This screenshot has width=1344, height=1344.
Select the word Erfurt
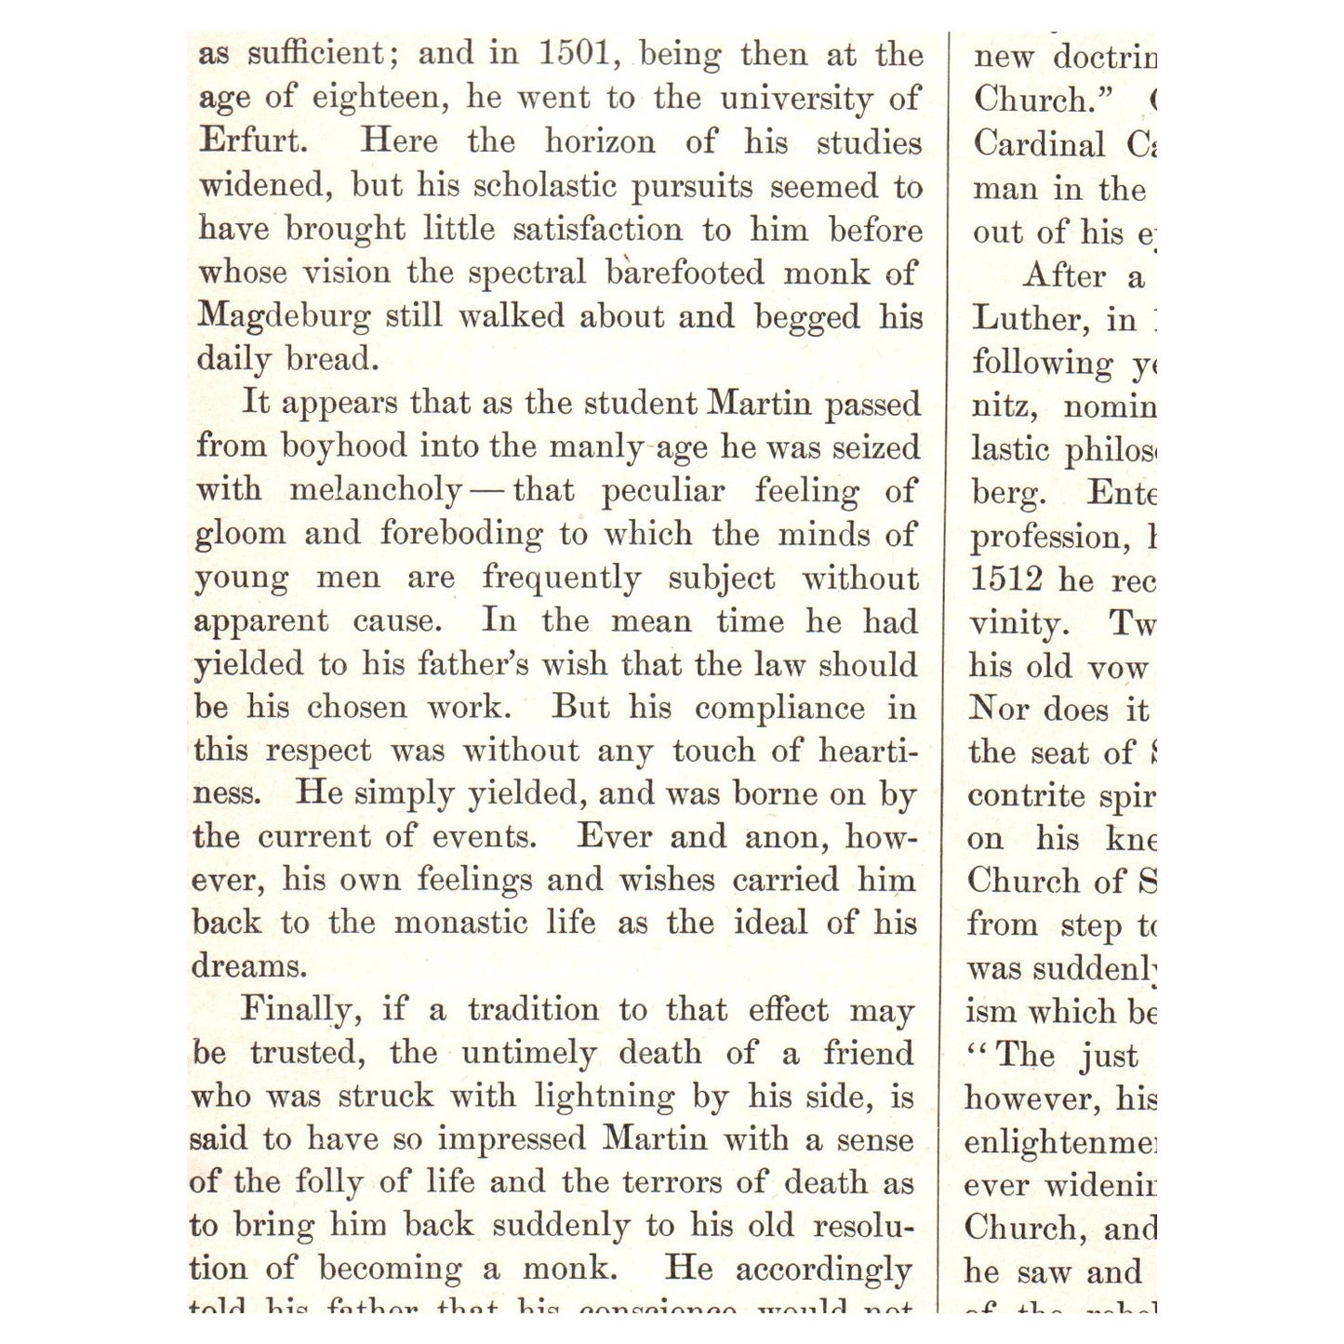coord(251,141)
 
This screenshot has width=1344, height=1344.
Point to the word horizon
coord(600,141)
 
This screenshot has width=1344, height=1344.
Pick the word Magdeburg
coord(284,316)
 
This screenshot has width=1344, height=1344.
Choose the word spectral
coord(526,273)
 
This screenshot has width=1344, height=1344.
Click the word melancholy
coord(376,490)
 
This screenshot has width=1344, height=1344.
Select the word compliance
coord(779,708)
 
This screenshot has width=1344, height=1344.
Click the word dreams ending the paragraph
coord(247,965)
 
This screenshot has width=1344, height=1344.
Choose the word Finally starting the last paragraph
coord(296,1010)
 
